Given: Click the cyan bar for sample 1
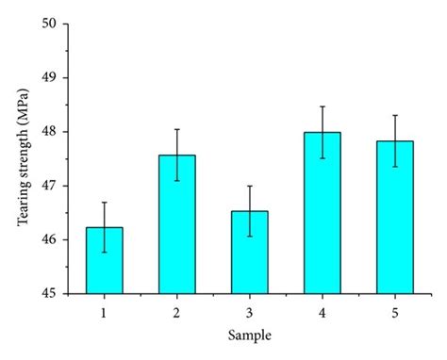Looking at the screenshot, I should (104, 260).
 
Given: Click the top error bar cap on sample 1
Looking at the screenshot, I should (104, 203).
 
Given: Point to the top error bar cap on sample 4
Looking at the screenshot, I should (322, 106).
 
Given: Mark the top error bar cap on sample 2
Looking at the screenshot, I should (176, 129).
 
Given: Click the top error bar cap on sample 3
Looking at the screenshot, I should (249, 186).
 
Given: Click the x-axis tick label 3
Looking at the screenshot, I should (249, 308).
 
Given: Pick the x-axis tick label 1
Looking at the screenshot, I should (104, 308).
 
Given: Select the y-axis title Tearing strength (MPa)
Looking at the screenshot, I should (20, 158).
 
